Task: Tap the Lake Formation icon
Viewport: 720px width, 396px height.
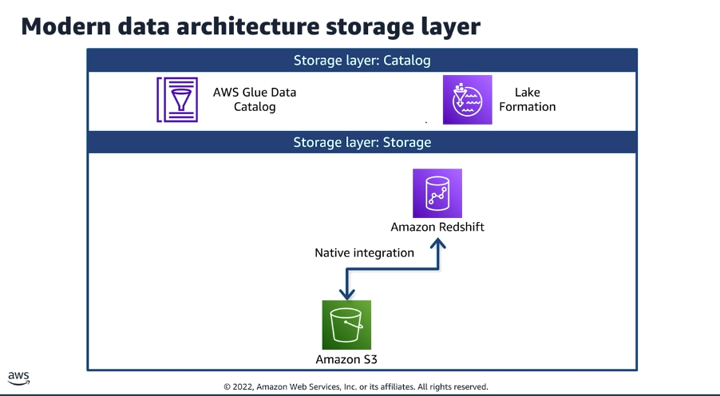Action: pyautogui.click(x=468, y=100)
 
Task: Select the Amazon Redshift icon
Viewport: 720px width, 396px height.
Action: pyautogui.click(x=437, y=193)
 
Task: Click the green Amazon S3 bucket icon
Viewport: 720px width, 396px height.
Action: pyautogui.click(x=346, y=324)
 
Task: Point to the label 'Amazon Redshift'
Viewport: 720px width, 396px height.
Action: pyautogui.click(x=437, y=227)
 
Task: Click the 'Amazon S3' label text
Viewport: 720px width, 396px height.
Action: pyautogui.click(x=346, y=358)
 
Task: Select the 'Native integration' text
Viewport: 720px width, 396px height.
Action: pyautogui.click(x=364, y=252)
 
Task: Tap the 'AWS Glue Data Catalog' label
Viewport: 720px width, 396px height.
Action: pyautogui.click(x=255, y=100)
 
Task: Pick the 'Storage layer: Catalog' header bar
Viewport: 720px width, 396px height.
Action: pyautogui.click(x=362, y=61)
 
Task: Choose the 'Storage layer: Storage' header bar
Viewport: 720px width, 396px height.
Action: pyautogui.click(x=362, y=142)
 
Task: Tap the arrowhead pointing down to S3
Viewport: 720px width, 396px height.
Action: pyautogui.click(x=346, y=293)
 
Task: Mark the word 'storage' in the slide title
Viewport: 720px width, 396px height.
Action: pyautogui.click(x=365, y=26)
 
